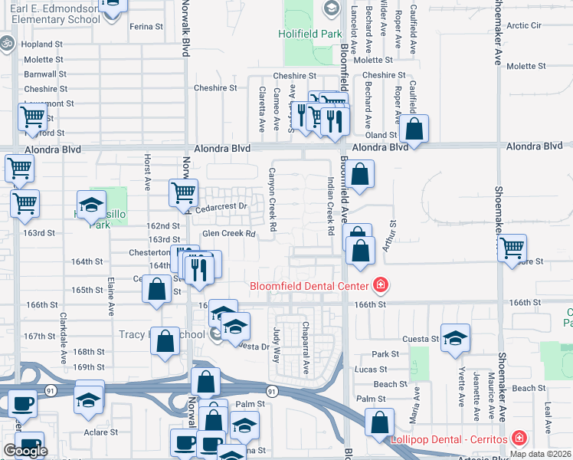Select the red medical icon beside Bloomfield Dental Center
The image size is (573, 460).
coord(379,287)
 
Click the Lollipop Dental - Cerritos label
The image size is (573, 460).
coord(450,439)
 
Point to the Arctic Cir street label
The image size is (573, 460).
coord(524,25)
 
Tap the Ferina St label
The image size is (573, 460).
coord(146,26)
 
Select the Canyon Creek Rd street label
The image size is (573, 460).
coord(272,200)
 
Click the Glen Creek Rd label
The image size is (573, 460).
coord(228,234)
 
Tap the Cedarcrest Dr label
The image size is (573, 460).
coord(222,206)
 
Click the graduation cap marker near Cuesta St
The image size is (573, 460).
coord(455,338)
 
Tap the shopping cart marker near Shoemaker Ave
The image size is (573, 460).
coord(512,248)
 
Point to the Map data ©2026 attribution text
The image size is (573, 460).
coord(540,454)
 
